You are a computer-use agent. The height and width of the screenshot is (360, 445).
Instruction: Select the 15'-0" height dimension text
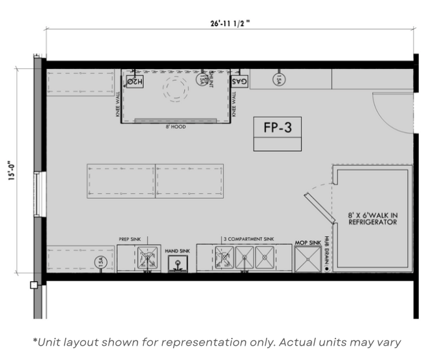click(x=12, y=174)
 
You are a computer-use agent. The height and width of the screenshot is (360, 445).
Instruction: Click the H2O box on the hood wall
click(x=134, y=82)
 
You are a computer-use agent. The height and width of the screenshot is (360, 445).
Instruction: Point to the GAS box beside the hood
click(x=240, y=82)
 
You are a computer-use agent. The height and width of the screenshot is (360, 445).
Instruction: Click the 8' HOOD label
click(x=175, y=127)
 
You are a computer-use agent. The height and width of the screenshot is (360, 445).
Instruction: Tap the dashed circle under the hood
click(x=174, y=88)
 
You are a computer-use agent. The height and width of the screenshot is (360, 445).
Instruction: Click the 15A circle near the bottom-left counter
click(x=100, y=262)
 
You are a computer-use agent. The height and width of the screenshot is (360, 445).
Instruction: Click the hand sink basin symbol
click(x=177, y=264)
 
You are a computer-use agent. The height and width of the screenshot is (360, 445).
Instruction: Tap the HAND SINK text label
click(x=177, y=250)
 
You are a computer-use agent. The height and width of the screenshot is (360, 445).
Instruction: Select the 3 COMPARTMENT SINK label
click(x=248, y=239)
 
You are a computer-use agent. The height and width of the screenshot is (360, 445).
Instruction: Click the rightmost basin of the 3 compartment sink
click(x=265, y=258)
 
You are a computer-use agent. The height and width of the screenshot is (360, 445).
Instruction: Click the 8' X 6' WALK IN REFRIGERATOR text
click(x=372, y=218)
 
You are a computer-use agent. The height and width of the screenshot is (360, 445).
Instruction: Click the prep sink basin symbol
click(x=148, y=259)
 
